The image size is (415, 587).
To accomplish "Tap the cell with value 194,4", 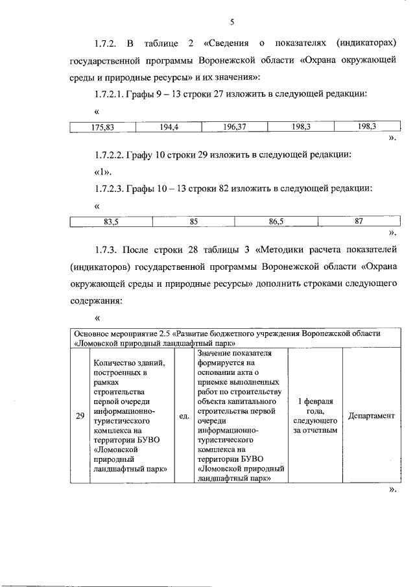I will tap(168, 127).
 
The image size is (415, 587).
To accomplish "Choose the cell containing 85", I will tap(193, 222).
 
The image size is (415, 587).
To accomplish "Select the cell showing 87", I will tap(359, 222).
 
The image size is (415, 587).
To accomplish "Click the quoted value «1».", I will tap(103, 172).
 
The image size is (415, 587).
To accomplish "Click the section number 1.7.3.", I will tap(106, 250).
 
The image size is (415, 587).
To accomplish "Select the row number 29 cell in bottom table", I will tap(80, 416).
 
